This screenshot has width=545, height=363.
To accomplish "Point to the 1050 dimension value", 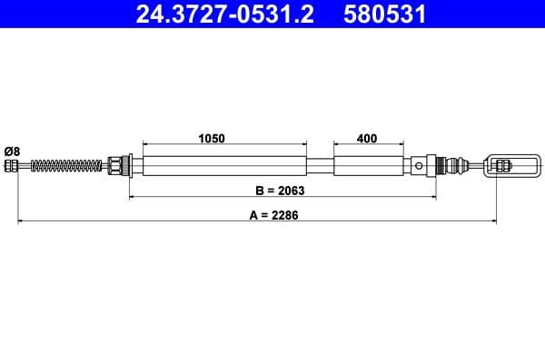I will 211,139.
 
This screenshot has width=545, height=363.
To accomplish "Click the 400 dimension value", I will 367,139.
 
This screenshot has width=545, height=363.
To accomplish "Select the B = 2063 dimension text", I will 279,191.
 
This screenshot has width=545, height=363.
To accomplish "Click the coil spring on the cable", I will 68,165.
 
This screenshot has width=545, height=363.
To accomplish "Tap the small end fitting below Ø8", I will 12,165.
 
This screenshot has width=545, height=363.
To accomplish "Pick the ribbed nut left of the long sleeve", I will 116,165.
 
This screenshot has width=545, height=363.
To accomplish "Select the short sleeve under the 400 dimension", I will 367,165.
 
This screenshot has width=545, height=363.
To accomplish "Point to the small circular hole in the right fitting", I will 418,165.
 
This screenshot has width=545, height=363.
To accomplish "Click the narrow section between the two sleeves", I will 320,165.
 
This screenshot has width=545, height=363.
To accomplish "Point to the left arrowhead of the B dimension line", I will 134,196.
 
